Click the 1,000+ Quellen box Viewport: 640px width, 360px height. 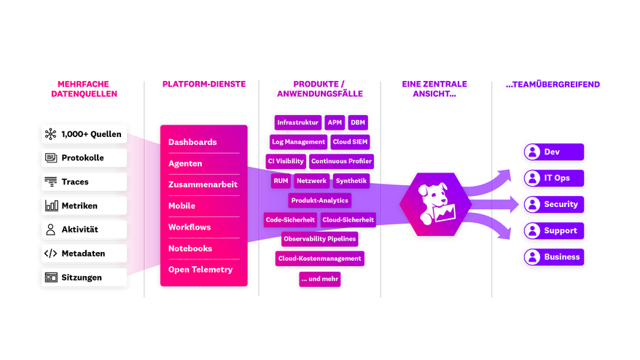click(x=84, y=134)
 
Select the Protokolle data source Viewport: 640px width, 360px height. click(x=84, y=158)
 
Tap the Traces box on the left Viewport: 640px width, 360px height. click(x=84, y=182)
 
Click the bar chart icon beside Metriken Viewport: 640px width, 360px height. click(x=51, y=206)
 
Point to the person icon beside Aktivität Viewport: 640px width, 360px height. click(x=51, y=230)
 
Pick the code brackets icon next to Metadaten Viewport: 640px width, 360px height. click(x=51, y=254)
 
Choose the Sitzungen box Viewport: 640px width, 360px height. click(x=84, y=278)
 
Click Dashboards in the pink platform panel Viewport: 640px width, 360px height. click(x=192, y=142)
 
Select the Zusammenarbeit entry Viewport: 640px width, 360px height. click(x=203, y=185)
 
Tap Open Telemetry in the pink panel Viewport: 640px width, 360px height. click(x=200, y=270)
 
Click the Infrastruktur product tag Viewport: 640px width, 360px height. click(x=297, y=122)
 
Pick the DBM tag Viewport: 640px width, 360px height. click(x=357, y=122)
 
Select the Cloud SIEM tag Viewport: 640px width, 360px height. click(x=350, y=141)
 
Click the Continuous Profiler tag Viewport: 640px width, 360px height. click(x=341, y=161)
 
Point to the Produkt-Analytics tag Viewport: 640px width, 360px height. click(x=320, y=200)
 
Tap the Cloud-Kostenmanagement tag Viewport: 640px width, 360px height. click(x=319, y=258)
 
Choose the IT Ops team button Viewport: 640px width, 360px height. click(x=554, y=178)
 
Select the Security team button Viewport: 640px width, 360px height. click(x=554, y=205)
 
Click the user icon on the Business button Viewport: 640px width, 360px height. click(x=533, y=257)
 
